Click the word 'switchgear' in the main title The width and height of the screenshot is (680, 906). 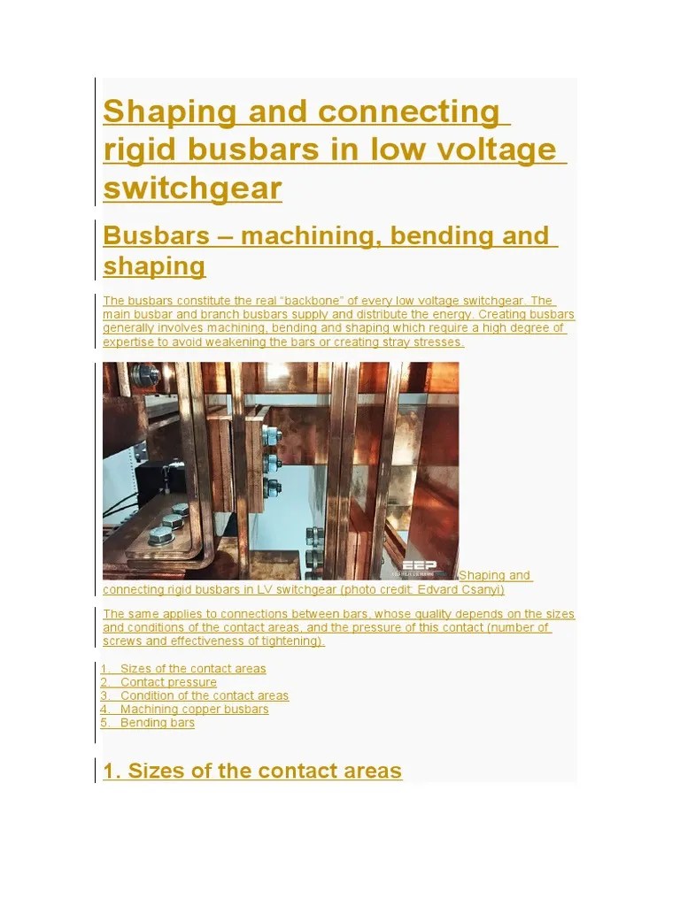pos(192,188)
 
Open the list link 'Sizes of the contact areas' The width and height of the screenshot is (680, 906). pos(192,669)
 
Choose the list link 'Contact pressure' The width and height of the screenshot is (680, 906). pos(168,682)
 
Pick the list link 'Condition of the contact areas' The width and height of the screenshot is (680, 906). pos(204,695)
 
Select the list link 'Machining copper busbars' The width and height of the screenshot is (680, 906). pos(194,709)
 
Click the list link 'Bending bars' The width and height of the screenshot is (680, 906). pos(157,723)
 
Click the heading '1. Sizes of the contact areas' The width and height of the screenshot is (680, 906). pos(252,771)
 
